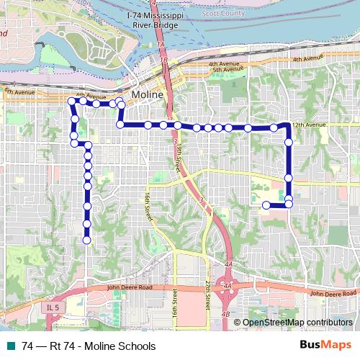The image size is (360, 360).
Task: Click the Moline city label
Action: (x=148, y=96)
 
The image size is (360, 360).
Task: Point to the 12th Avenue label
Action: (x=312, y=125)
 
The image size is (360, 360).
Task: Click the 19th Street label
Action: (x=178, y=155)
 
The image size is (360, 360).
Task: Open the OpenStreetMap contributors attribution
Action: (x=297, y=323)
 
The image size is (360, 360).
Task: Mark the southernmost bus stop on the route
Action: (x=87, y=240)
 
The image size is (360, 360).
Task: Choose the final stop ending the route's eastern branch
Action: (x=266, y=205)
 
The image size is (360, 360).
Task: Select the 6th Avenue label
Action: (x=18, y=92)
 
